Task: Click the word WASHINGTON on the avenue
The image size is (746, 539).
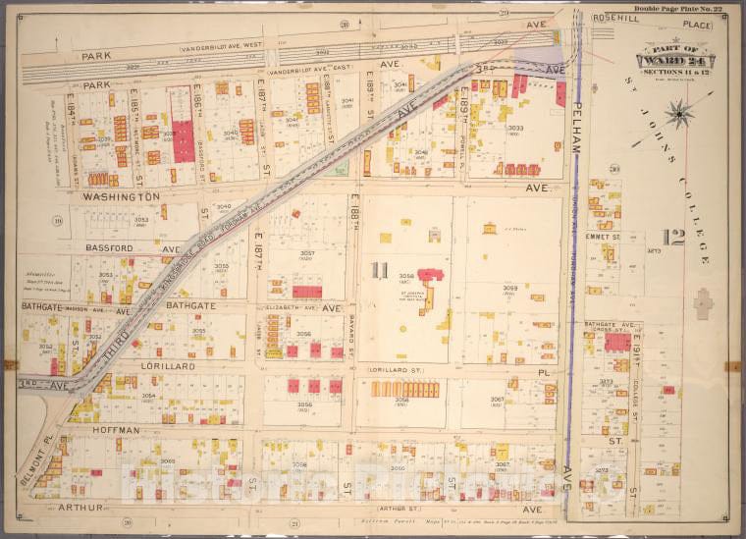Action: [122, 196]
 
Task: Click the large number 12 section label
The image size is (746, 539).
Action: [672, 237]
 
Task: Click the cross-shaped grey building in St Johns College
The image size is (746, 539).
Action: [703, 302]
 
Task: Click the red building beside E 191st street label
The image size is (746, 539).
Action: [617, 342]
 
